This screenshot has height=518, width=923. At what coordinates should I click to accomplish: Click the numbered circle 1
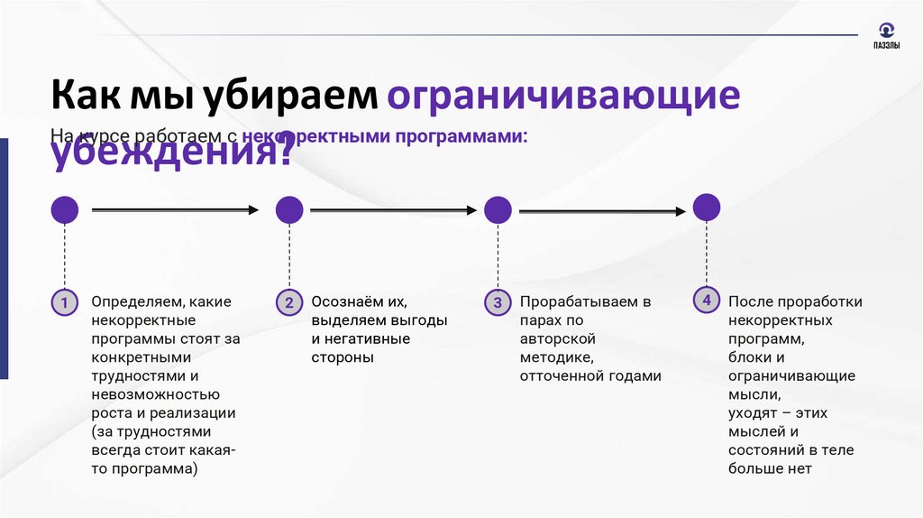point(64,302)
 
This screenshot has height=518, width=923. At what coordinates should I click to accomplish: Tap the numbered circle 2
point(289,302)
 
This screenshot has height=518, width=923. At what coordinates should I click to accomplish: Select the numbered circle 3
point(497,302)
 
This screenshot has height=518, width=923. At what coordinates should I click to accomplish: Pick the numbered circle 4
point(707,300)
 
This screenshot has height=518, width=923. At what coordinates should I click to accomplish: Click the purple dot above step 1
point(64,210)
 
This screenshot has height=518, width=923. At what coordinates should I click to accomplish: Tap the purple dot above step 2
point(289,210)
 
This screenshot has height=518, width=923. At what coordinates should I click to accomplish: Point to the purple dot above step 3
point(498,210)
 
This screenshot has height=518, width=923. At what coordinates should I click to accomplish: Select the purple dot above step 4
point(707,207)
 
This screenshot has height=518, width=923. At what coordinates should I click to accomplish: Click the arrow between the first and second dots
point(176,210)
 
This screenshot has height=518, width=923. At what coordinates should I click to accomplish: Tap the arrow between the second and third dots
point(394,210)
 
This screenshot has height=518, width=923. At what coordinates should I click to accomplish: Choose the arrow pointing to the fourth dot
point(602,211)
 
